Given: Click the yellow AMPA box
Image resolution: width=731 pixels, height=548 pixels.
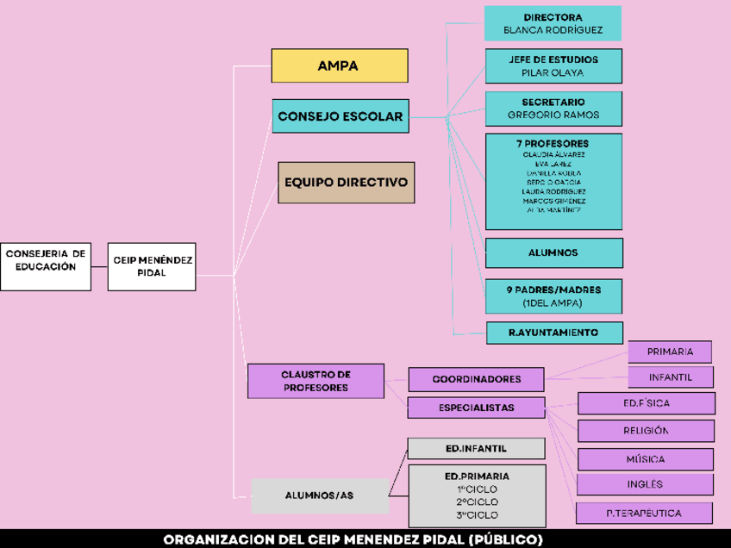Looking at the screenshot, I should pos(340,65).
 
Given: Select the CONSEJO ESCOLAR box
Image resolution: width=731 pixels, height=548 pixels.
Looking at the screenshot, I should pos(340,116).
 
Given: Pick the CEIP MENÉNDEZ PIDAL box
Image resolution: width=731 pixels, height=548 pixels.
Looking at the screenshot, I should pos(152,266).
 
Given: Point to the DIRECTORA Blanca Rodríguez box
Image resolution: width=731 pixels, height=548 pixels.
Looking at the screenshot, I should pos(553,23).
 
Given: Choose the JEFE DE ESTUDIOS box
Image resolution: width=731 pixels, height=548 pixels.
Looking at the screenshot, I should pos(553,66).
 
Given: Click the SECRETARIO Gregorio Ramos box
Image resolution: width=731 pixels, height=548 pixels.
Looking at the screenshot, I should pos(553,109).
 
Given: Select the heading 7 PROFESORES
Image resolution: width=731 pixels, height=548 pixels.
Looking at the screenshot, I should pos(553,143).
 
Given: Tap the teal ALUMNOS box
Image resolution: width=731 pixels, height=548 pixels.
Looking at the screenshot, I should pos(553,252).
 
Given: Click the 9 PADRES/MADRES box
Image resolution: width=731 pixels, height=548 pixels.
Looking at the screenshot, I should pos(553,296).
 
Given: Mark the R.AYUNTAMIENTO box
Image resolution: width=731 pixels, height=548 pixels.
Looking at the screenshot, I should pos(553,333).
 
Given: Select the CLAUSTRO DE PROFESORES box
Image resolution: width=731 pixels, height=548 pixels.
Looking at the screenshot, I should pos(316,381).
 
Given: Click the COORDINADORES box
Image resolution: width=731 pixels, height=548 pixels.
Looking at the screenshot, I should pos(476,379).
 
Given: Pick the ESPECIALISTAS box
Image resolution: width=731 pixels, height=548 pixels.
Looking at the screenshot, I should pos(476,408).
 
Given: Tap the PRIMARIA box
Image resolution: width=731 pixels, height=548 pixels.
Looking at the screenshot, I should pos(670,352).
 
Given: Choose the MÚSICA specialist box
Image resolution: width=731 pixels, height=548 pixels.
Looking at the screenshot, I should pos(645,459).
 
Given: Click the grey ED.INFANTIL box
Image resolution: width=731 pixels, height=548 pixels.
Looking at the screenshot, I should pos(476,449).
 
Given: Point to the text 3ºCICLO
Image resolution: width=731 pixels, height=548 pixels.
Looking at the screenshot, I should pos(477,515).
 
